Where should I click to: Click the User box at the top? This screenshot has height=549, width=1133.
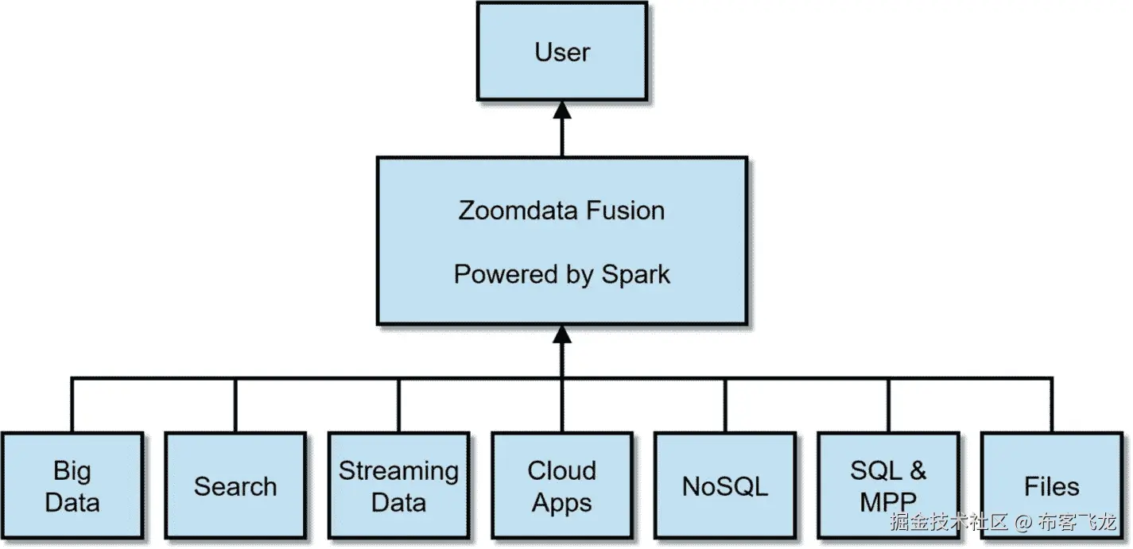[x=561, y=52]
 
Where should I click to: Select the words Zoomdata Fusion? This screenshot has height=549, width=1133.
[x=561, y=211]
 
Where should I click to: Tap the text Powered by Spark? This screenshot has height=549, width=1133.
[x=561, y=274]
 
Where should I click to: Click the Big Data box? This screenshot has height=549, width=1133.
[x=72, y=485]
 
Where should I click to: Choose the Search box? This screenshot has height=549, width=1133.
[x=235, y=485]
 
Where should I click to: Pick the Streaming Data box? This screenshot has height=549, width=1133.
[x=398, y=485]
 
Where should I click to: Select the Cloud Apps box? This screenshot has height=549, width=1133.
[x=561, y=485]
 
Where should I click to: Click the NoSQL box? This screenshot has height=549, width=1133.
[x=725, y=485]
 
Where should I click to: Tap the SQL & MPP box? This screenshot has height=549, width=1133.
[x=888, y=485]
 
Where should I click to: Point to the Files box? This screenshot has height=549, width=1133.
[x=1051, y=485]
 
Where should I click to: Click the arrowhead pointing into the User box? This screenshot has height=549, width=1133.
[x=562, y=112]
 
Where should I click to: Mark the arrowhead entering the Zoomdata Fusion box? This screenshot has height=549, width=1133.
[x=562, y=334]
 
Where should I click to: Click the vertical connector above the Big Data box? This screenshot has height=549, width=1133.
[x=72, y=405]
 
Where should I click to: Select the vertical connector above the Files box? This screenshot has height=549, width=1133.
[x=1052, y=405]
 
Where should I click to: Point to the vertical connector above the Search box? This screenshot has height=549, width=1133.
[x=235, y=405]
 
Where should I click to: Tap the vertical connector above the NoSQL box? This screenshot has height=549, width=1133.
[x=725, y=405]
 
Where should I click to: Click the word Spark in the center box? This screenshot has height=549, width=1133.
[x=635, y=274]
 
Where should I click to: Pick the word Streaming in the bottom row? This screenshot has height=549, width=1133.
[x=398, y=471]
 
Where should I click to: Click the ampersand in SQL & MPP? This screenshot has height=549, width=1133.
[x=918, y=470]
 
